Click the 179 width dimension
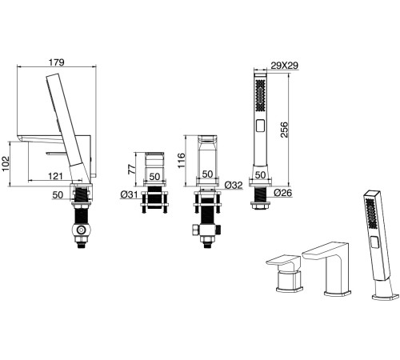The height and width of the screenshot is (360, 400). tap(57, 62)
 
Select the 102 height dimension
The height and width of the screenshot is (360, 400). tap(6, 163)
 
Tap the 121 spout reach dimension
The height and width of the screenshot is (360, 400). tap(55, 176)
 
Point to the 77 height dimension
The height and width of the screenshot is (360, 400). tap(131, 169)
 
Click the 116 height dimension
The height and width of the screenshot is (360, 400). tap(181, 160)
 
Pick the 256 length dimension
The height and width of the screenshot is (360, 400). tap(284, 130)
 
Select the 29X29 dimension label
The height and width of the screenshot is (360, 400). tap(284, 66)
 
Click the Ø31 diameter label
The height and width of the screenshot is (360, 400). tap(129, 195)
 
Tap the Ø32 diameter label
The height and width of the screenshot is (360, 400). tap(234, 185)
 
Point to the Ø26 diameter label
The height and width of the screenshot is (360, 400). tap(283, 192)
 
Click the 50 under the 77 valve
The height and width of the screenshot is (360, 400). tap(154, 176)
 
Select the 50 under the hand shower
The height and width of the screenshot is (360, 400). tap(260, 174)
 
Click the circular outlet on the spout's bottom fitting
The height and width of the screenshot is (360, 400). tap(80, 230)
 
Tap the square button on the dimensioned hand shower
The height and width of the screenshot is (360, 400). tap(260, 126)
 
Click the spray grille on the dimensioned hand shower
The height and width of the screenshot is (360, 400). tap(260, 95)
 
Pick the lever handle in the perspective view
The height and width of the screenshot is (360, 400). tap(283, 261)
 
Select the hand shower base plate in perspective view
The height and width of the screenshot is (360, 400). tap(386, 297)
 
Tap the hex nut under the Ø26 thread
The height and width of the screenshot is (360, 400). tap(260, 206)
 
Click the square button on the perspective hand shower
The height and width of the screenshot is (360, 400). tap(374, 243)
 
